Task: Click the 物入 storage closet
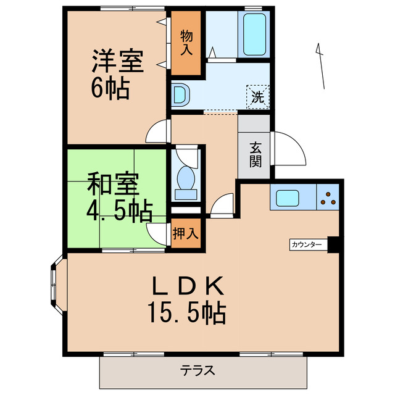(x=186, y=43)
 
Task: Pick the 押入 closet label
(x=186, y=234)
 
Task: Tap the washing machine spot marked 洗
(x=257, y=96)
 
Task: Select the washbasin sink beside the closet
(x=181, y=96)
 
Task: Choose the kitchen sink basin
(x=288, y=198)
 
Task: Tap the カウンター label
(x=307, y=245)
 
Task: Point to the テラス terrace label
(x=197, y=371)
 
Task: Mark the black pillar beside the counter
(x=334, y=245)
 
